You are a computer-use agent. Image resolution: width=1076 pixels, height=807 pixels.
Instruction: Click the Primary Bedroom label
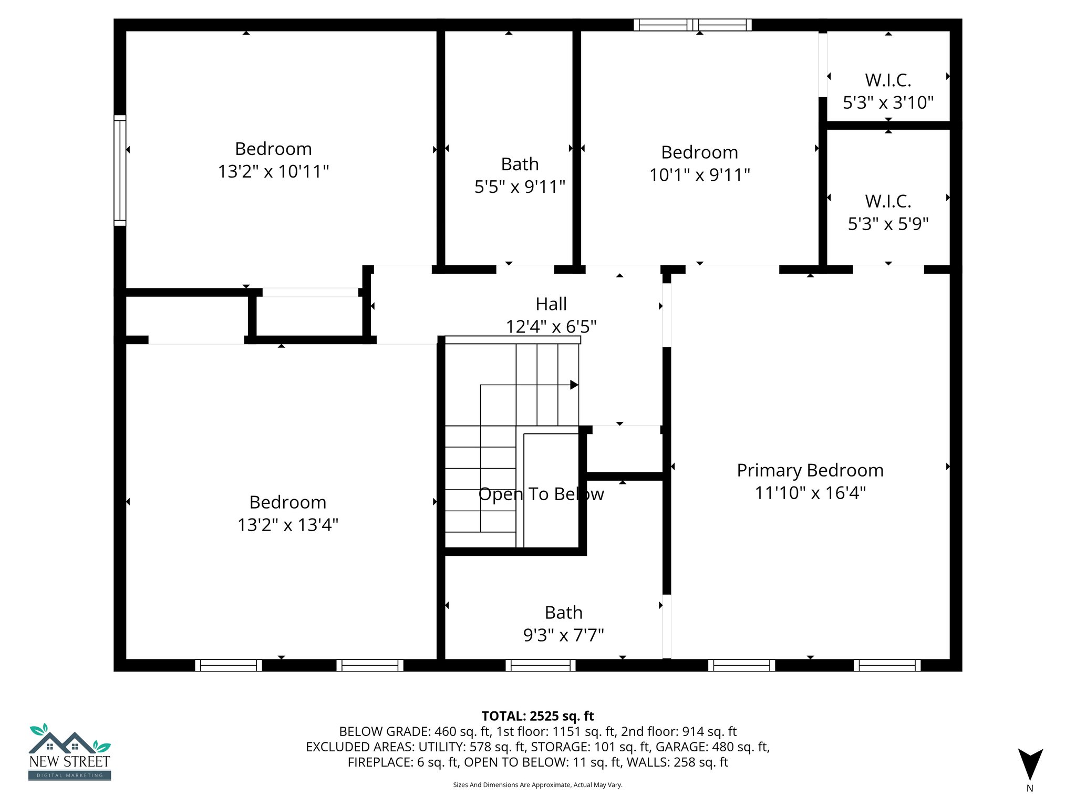810,470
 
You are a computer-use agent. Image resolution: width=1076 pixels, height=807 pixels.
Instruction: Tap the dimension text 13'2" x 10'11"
273,171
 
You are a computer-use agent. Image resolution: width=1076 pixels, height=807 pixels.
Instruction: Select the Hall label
551,304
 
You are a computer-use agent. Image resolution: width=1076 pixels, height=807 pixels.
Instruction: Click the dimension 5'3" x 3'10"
888,102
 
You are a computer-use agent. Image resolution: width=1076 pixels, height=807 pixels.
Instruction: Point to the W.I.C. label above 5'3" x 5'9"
888,201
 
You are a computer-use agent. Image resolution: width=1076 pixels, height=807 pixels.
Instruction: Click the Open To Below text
541,494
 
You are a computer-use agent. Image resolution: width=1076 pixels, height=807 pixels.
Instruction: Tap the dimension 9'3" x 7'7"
563,635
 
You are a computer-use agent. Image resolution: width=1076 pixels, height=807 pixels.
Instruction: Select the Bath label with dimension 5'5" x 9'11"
520,164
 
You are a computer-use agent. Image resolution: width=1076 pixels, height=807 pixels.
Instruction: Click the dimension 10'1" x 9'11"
699,174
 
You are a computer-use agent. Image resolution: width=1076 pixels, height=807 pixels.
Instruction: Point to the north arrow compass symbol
1030,764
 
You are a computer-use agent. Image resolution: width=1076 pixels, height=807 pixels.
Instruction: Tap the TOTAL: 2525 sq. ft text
537,716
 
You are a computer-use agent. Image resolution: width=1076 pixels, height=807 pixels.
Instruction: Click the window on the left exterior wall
120,170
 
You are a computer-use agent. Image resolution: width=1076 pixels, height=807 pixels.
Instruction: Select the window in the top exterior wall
692,25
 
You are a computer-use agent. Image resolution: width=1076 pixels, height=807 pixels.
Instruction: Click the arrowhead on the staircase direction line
574,385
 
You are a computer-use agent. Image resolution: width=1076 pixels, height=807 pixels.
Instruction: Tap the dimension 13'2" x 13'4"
287,525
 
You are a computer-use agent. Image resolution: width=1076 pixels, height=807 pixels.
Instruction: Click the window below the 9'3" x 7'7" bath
540,665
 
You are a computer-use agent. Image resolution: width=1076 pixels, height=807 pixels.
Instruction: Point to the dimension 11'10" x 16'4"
810,493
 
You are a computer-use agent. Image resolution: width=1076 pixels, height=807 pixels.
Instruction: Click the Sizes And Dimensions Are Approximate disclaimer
537,785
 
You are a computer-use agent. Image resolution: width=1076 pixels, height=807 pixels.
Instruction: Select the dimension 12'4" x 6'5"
551,327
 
